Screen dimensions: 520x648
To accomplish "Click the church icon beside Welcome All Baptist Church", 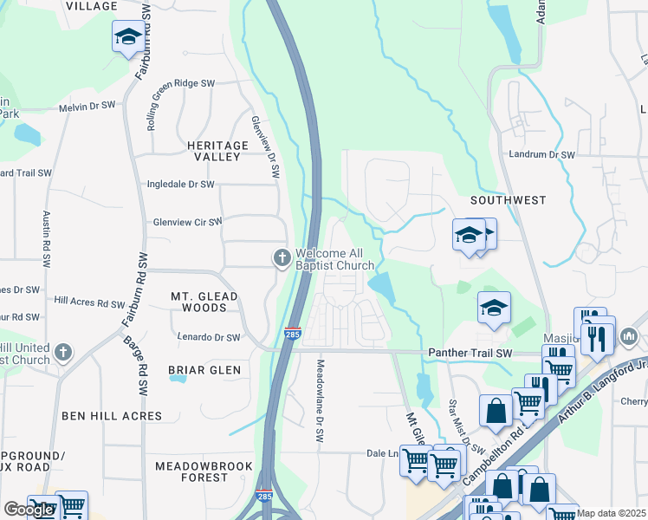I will (282, 257).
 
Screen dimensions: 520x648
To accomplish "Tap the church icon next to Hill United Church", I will (62, 353).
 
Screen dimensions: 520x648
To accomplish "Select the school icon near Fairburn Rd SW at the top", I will (127, 37).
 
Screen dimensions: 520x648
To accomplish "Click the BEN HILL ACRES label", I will (112, 416).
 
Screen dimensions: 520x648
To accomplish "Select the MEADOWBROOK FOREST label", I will (204, 471).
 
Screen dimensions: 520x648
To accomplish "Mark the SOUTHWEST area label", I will (508, 200).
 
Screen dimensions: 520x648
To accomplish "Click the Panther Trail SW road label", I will (470, 354).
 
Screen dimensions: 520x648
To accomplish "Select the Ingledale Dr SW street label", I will (181, 185).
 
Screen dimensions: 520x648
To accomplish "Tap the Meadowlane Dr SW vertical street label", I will (320, 391).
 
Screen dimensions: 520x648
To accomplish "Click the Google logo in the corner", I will (29, 510).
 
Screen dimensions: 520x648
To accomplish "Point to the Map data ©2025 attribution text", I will (611, 514).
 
